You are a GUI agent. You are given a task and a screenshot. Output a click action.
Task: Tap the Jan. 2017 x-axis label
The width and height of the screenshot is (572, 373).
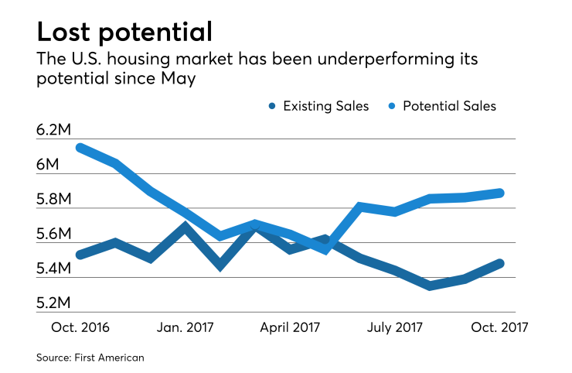pyautogui.click(x=186, y=327)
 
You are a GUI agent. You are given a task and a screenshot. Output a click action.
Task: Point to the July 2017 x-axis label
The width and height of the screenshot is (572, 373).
pyautogui.click(x=394, y=327)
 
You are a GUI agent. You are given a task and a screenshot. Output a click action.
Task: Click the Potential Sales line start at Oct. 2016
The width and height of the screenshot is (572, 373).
pyautogui.click(x=79, y=147)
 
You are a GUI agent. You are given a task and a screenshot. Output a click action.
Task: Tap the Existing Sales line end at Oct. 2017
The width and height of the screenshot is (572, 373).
pyautogui.click(x=501, y=263)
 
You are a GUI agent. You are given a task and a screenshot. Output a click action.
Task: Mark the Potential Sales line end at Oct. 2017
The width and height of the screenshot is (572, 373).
pyautogui.click(x=501, y=193)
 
